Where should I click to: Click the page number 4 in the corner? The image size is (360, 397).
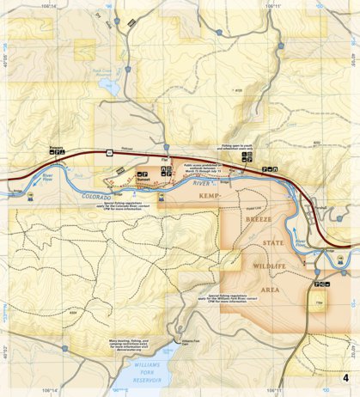coord(345,378)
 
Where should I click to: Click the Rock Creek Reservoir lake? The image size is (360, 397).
coord(105,89)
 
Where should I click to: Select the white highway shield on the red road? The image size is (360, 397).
coord(110,152)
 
